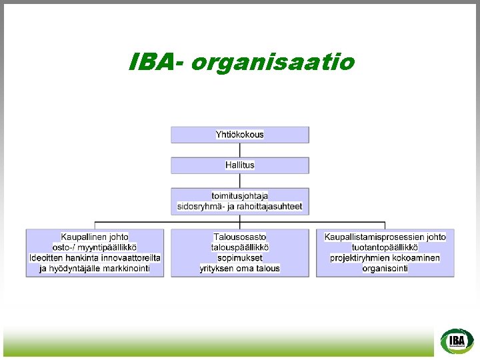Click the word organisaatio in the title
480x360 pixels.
273,63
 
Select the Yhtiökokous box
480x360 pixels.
240,135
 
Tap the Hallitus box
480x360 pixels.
240,165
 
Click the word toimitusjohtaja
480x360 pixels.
240,195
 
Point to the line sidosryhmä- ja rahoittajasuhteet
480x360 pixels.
240,207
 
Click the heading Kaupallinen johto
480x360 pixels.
95,237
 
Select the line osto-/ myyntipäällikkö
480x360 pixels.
95,247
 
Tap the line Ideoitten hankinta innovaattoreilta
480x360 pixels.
95,258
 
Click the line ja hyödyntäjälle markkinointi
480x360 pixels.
95,269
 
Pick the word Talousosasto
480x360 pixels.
240,237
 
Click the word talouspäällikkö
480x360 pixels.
240,247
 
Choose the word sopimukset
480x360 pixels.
240,258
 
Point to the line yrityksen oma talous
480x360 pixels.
240,269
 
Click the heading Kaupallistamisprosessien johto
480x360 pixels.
385,237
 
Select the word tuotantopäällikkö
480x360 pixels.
385,247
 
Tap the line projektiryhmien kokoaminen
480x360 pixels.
385,258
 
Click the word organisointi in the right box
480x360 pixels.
385,269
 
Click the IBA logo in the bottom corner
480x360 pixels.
457,341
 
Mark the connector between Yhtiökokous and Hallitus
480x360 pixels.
240,150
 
